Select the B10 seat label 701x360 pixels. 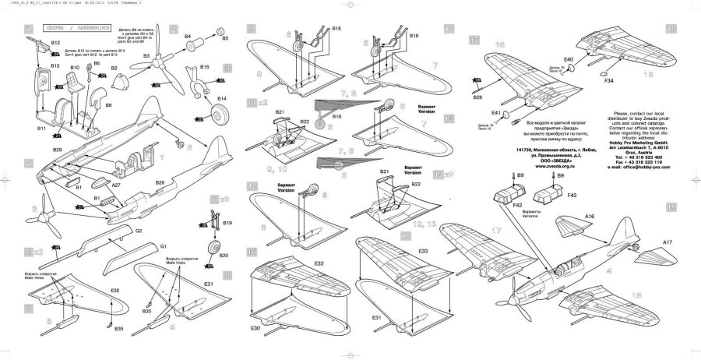pyautogui.click(x=76, y=68)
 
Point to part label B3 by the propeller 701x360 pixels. pyautogui.click(x=146, y=57)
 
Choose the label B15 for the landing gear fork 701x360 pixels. pyautogui.click(x=203, y=69)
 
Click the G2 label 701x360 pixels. pyautogui.click(x=138, y=231)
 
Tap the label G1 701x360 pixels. pyautogui.click(x=164, y=247)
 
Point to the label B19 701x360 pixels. pyautogui.click(x=227, y=223)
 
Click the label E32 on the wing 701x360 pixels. pyautogui.click(x=298, y=263)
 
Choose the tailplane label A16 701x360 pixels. pyautogui.click(x=589, y=214)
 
